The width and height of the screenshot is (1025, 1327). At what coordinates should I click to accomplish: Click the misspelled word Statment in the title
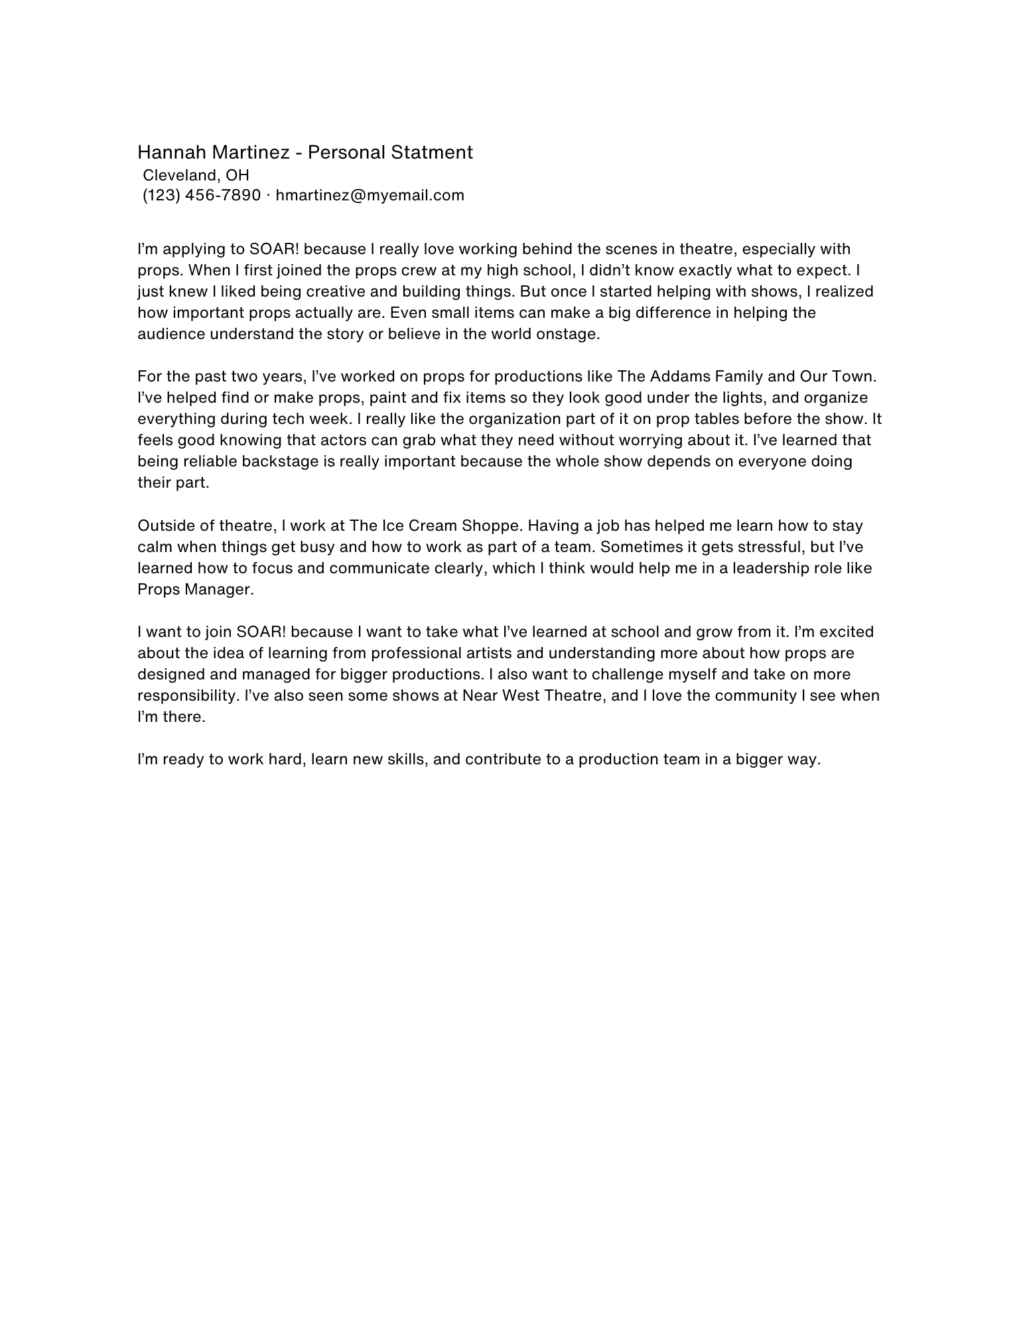(431, 153)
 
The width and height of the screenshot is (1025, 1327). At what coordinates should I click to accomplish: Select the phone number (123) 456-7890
(202, 195)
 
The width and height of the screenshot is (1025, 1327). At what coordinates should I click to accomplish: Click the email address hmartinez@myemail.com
(370, 195)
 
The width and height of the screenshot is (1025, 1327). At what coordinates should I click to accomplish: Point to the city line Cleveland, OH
(196, 175)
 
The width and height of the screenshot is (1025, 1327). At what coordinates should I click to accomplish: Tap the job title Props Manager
(194, 590)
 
